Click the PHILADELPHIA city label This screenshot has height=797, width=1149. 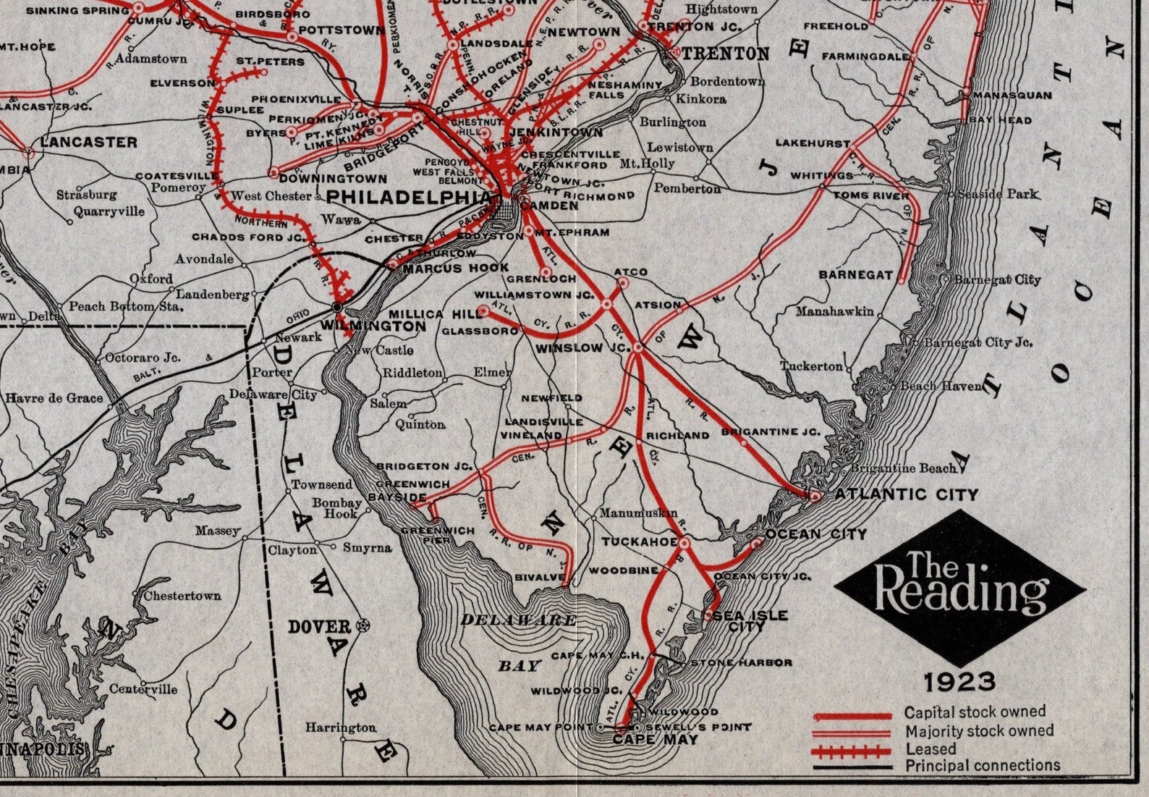click(x=409, y=196)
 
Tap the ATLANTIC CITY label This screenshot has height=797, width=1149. click(x=906, y=494)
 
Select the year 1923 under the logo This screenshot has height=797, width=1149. click(x=959, y=681)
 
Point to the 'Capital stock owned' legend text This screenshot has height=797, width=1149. click(x=974, y=712)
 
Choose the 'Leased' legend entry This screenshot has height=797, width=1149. click(x=930, y=748)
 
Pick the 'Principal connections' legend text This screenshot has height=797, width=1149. click(x=982, y=765)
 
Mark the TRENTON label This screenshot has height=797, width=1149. click(x=725, y=53)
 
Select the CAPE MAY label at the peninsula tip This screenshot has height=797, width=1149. click(x=655, y=740)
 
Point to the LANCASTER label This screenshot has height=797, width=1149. click(x=88, y=142)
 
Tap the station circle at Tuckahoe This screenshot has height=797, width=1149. click(x=684, y=541)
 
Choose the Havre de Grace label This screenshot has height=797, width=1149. click(x=54, y=397)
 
